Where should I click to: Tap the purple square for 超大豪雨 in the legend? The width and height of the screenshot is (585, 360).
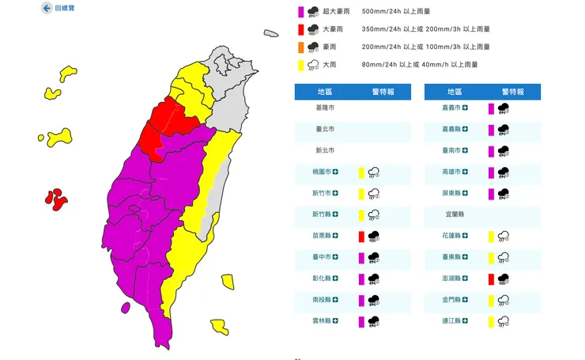coord(300,12)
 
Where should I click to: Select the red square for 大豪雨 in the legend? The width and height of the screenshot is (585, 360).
coord(300,30)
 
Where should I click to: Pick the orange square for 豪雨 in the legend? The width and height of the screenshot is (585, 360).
coord(300,47)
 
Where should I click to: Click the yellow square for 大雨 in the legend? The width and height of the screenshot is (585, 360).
coord(300,65)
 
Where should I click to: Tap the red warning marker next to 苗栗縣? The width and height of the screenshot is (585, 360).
coord(361,236)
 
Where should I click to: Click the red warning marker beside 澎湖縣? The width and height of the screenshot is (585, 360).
coord(492,279)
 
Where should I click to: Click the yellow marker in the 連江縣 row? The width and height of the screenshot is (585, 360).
coord(492,321)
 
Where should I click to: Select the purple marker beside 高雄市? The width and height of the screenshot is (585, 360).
coord(492,172)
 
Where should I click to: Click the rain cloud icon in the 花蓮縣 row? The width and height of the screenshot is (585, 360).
coord(503,236)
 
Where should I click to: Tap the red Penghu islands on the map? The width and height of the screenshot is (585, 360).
coord(56,199)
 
